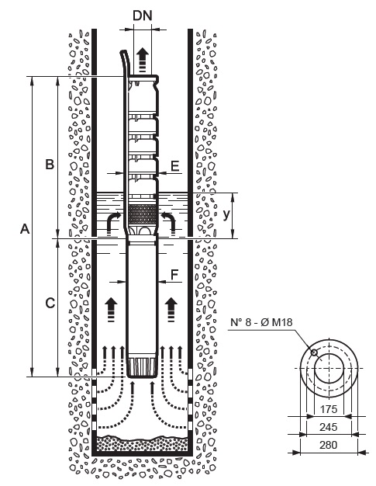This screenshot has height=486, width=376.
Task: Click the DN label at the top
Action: pos(143,16)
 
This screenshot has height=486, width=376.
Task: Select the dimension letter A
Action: pos(25,229)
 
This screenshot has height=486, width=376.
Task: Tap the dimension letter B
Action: pos(50,164)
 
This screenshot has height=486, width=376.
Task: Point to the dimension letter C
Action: pos(50,303)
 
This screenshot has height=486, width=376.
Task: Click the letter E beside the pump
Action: pos(175,166)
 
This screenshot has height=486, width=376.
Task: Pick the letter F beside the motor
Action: pos(175,274)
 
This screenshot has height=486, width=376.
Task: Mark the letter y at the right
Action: pos(227,214)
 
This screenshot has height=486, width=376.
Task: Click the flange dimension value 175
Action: pos(328,409)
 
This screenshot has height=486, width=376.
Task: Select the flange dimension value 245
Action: pos(328,427)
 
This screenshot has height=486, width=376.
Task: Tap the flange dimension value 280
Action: pos(328,445)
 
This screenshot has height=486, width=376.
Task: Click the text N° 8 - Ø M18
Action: pos(261,322)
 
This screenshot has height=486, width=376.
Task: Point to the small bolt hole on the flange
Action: pos(314,352)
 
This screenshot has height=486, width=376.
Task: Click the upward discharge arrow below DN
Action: pos(143,60)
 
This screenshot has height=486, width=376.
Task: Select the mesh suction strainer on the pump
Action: pos(143,214)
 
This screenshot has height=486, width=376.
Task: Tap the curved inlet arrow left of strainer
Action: pos(112,223)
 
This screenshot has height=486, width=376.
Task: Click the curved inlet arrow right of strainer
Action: pos(170,223)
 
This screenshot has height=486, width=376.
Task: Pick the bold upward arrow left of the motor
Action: pos(112,310)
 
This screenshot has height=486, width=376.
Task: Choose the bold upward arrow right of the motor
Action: pos(171,310)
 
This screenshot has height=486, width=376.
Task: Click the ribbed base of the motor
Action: pos(141,367)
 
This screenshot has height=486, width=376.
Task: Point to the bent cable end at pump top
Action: pos(125,61)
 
